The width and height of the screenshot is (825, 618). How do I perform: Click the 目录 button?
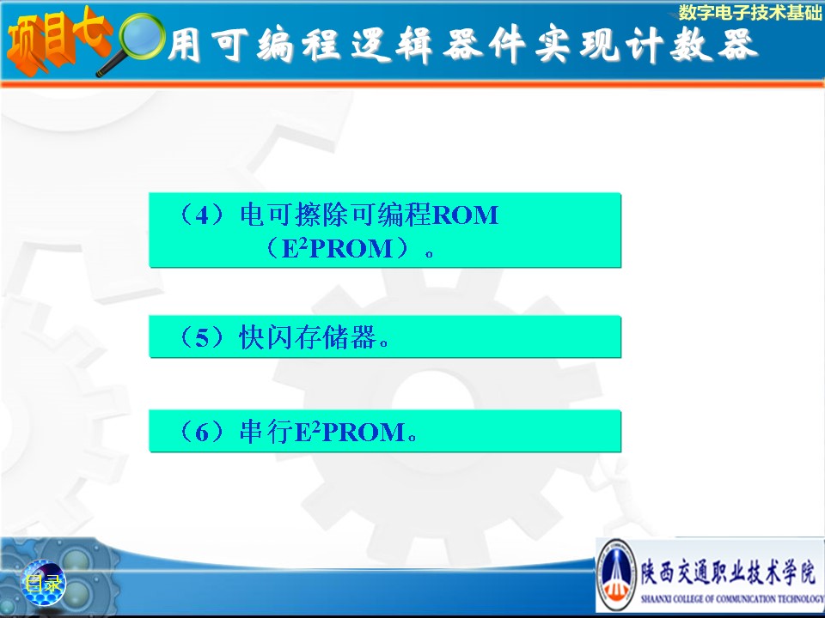coord(43,583)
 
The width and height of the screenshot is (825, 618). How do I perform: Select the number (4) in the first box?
coord(202,215)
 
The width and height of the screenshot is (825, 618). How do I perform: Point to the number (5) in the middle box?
coord(202,336)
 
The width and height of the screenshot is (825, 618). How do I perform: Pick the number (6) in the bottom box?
coord(202,432)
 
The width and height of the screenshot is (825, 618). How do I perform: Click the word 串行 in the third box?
coord(266,432)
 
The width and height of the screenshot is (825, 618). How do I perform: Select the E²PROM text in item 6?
coord(350,432)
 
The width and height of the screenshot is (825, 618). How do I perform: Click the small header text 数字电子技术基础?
coord(749,13)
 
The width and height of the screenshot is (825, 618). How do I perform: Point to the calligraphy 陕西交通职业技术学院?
coord(728,573)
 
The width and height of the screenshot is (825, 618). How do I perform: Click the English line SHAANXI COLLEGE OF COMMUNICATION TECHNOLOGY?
coord(732,598)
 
